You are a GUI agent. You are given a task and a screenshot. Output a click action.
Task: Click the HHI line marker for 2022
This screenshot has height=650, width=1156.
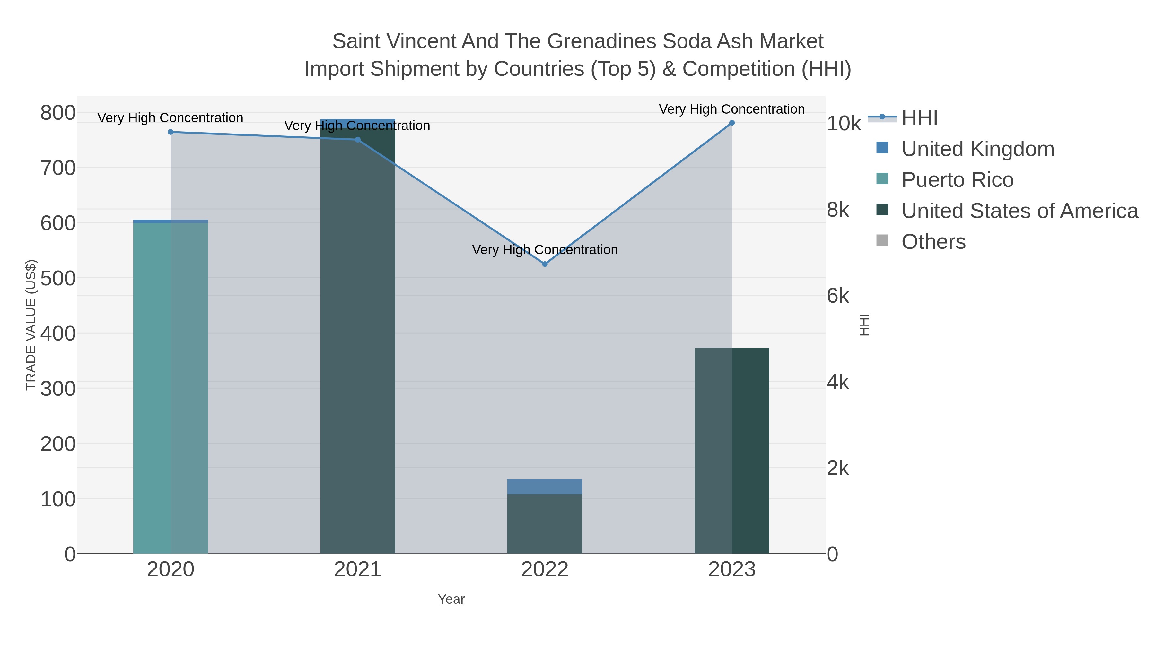coord(545,264)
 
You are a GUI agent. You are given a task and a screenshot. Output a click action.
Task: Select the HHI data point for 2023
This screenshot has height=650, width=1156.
coord(732,123)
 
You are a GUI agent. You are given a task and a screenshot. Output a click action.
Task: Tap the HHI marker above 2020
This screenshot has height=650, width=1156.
coord(171,132)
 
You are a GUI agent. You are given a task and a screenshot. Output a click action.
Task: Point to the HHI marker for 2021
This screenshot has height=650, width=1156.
coord(358,140)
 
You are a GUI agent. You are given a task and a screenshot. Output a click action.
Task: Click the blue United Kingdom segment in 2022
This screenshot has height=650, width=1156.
coord(545,487)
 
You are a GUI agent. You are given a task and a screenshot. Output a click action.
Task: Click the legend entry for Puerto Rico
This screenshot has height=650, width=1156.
coord(957,180)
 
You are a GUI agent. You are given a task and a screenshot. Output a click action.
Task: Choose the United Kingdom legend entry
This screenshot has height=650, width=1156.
coord(977,149)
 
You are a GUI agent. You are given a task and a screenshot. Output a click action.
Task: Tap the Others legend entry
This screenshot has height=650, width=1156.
coord(933,242)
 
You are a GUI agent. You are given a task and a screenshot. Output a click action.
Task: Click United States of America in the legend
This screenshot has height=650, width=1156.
coord(1020,211)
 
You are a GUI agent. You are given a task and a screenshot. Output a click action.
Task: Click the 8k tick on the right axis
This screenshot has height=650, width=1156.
coord(838,210)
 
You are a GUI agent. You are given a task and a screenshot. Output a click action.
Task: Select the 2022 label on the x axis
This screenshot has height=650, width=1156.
coord(545,569)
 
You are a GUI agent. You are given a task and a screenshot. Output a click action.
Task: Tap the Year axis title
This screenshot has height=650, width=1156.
coord(451,599)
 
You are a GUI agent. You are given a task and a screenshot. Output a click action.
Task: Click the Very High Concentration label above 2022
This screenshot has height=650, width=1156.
coord(545,250)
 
